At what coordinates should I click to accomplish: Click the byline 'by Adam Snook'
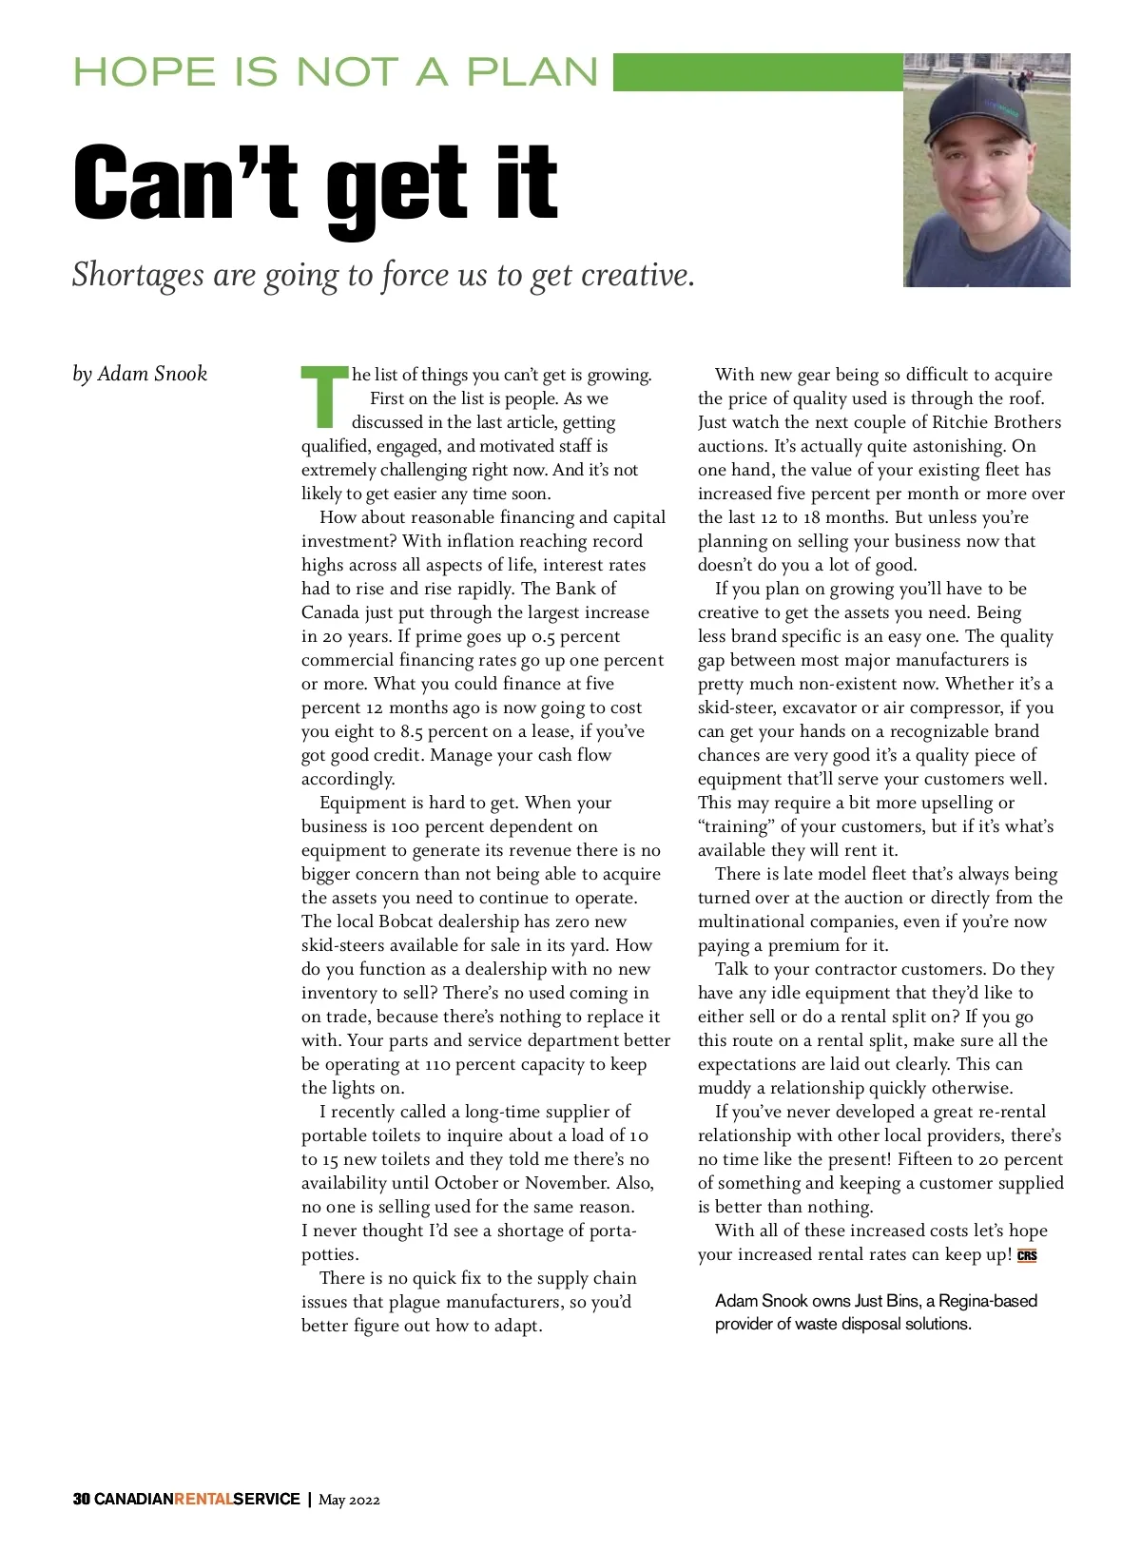(140, 374)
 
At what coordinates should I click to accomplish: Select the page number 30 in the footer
(81, 1500)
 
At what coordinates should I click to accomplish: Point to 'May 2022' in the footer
(349, 1501)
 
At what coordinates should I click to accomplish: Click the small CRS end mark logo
(1027, 1255)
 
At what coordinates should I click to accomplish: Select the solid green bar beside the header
(757, 72)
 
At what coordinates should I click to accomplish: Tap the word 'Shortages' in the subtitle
(138, 275)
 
